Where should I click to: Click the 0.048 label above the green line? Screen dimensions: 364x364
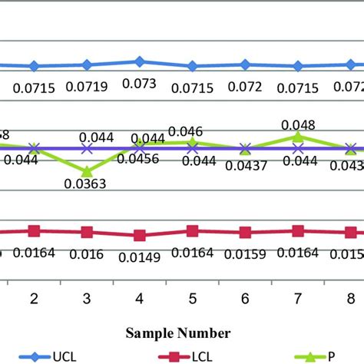click(x=296, y=124)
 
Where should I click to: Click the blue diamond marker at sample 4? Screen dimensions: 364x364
click(x=140, y=61)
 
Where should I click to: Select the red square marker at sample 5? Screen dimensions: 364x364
click(x=192, y=230)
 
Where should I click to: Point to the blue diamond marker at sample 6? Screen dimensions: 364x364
click(x=245, y=65)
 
